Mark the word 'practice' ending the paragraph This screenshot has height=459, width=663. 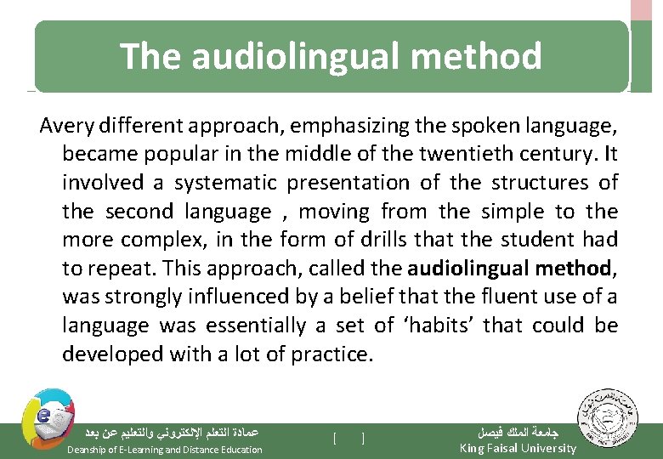pyautogui.click(x=331, y=354)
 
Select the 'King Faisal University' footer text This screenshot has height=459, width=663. pyautogui.click(x=518, y=449)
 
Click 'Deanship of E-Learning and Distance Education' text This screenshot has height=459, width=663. pyautogui.click(x=165, y=450)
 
